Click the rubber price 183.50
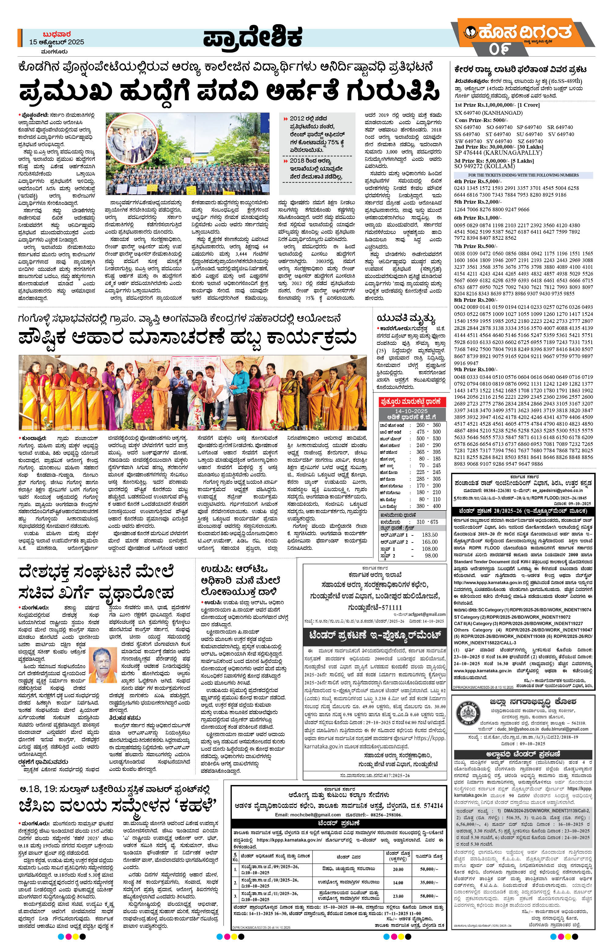coord(429,535)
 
